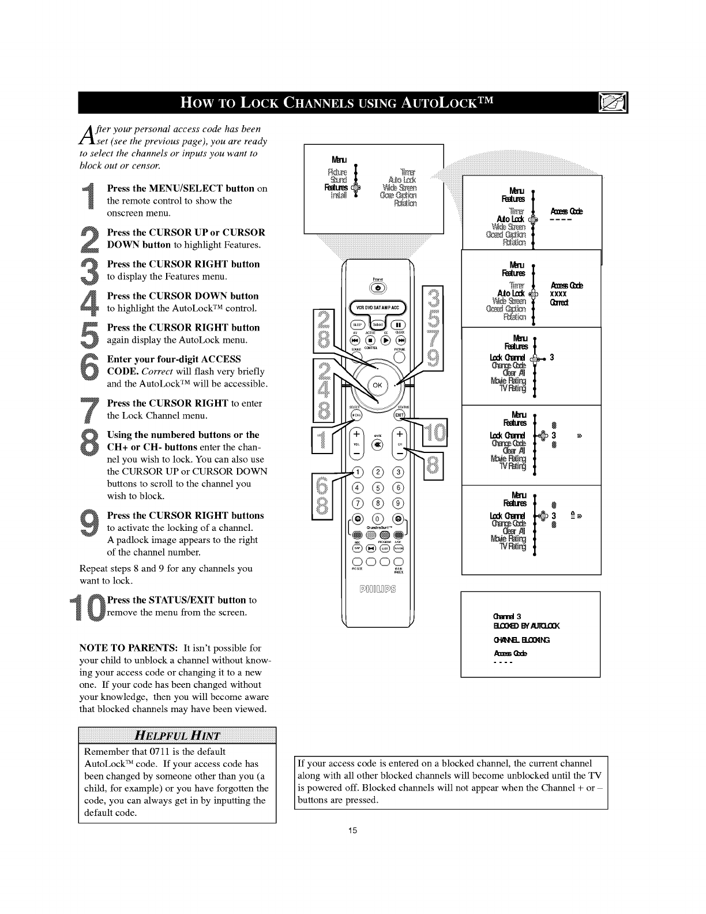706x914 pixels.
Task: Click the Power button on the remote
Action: [378, 287]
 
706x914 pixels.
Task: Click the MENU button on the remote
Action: [357, 417]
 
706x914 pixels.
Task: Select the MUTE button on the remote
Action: [378, 444]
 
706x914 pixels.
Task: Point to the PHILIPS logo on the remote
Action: [378, 589]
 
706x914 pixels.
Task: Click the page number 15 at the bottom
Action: [353, 830]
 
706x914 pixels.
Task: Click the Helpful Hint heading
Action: [177, 735]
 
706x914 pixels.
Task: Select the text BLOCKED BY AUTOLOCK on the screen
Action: [524, 626]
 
